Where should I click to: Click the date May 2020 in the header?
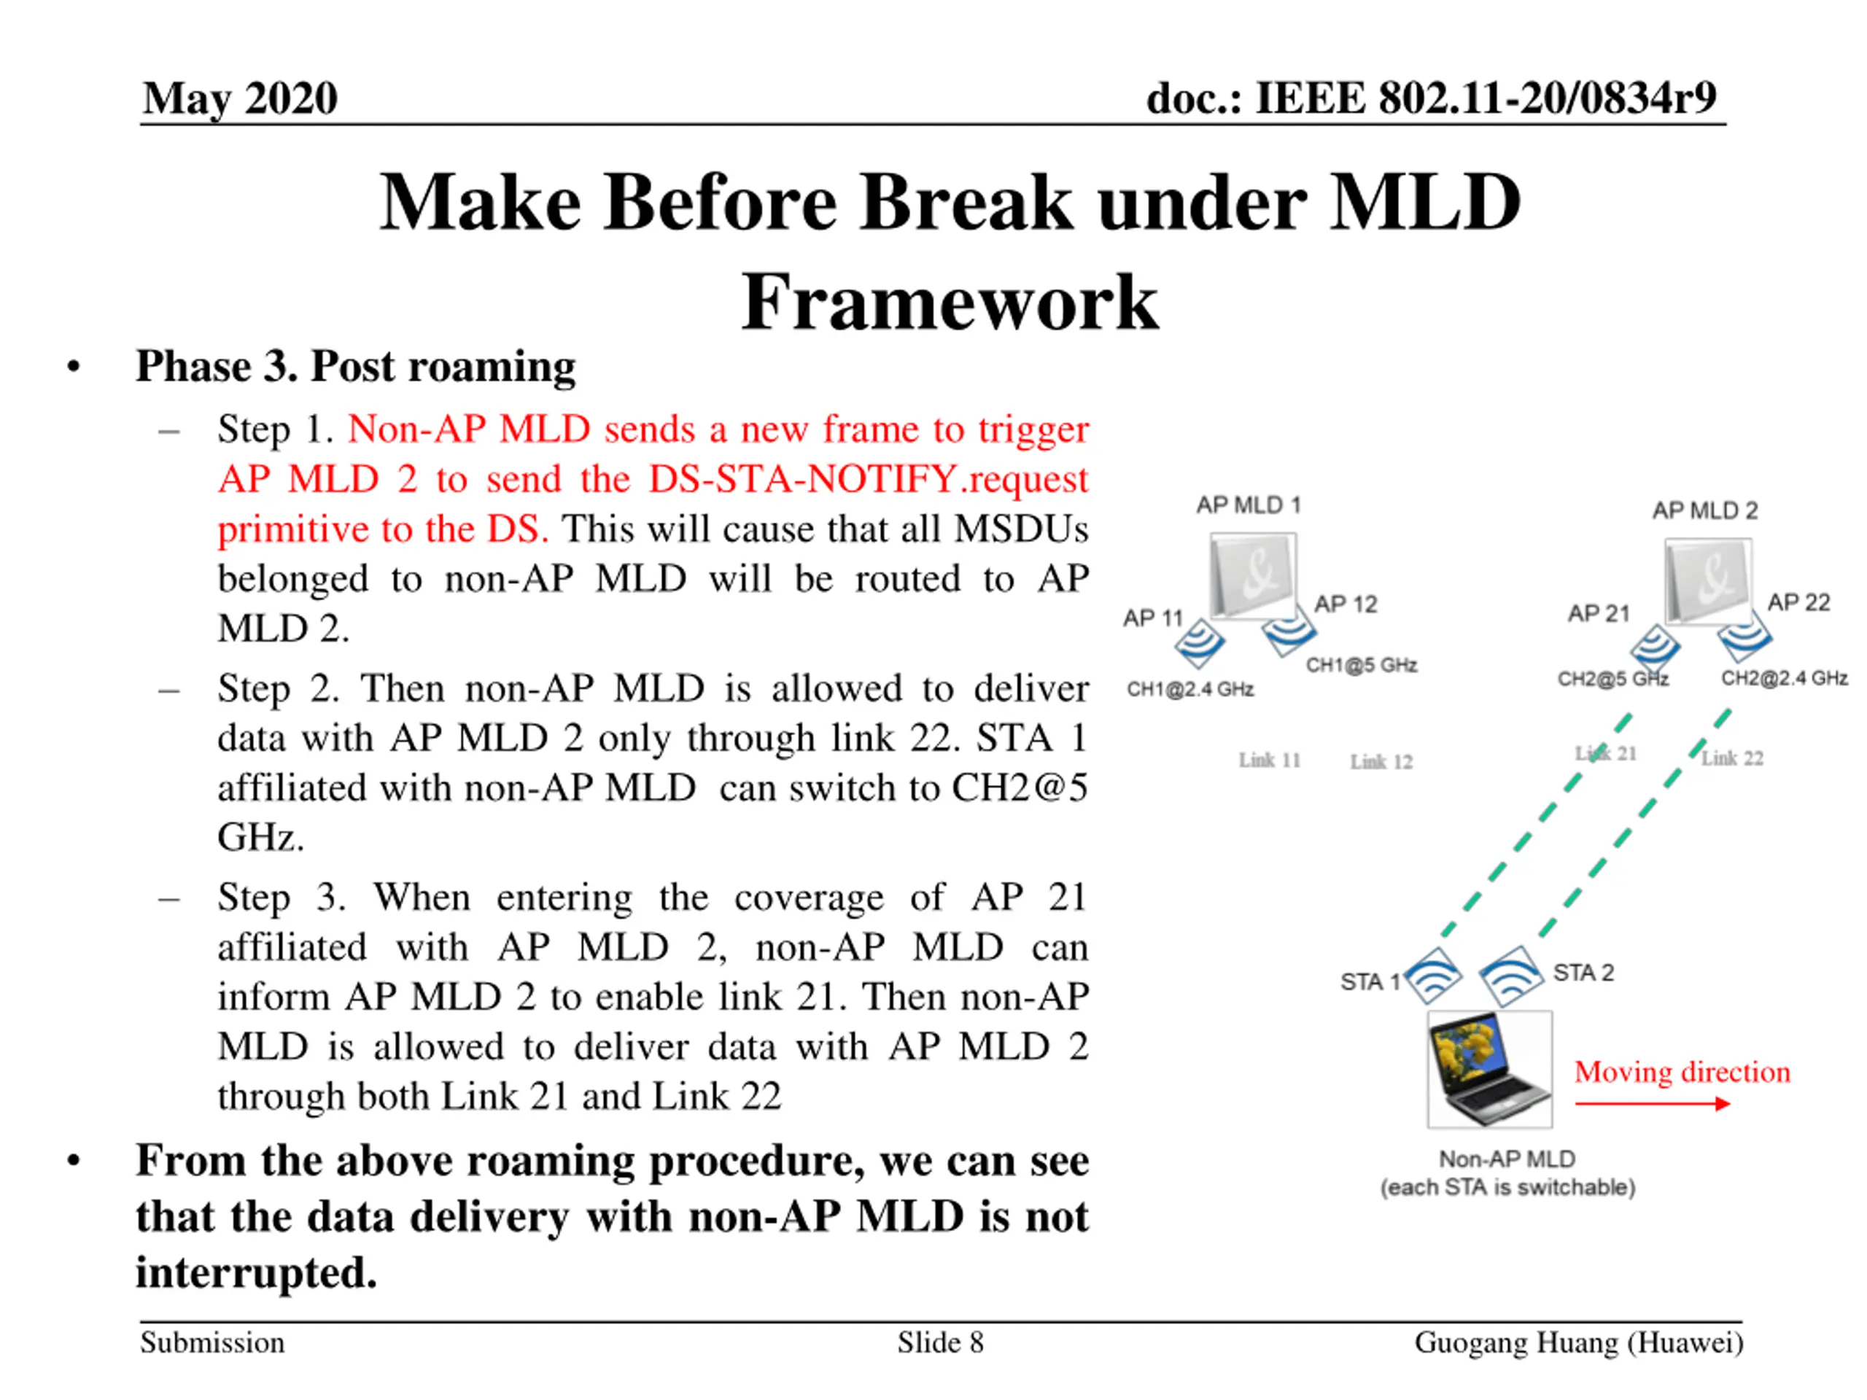pyautogui.click(x=241, y=98)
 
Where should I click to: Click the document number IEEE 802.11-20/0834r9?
pyautogui.click(x=1431, y=98)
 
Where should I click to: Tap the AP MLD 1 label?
pyautogui.click(x=1249, y=505)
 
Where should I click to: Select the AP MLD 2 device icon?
pyautogui.click(x=1707, y=581)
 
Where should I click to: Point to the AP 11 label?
pyautogui.click(x=1152, y=618)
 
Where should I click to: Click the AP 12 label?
pyautogui.click(x=1346, y=604)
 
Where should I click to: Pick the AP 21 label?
pyautogui.click(x=1598, y=613)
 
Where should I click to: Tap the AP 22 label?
pyautogui.click(x=1798, y=602)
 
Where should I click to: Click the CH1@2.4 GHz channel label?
pyautogui.click(x=1190, y=690)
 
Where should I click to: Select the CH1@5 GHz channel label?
pyautogui.click(x=1362, y=665)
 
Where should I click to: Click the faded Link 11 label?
pyautogui.click(x=1270, y=761)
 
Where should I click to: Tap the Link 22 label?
pyautogui.click(x=1732, y=758)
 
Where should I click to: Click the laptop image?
pyautogui.click(x=1490, y=1070)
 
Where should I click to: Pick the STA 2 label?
pyautogui.click(x=1583, y=973)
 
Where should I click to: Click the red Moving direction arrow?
pyautogui.click(x=1652, y=1104)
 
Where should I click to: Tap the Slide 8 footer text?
pyautogui.click(x=940, y=1342)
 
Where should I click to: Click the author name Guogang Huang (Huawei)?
pyautogui.click(x=1578, y=1342)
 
